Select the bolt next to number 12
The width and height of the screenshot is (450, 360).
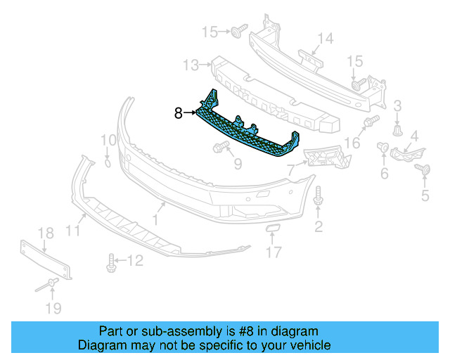pyautogui.click(x=111, y=262)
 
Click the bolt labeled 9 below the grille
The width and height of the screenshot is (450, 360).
pyautogui.click(x=220, y=147)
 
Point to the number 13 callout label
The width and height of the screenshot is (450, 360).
pyautogui.click(x=191, y=65)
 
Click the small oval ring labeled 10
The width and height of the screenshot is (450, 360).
pyautogui.click(x=107, y=162)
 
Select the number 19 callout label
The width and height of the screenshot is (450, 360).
pyautogui.click(x=53, y=307)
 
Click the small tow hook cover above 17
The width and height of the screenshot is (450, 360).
pyautogui.click(x=273, y=229)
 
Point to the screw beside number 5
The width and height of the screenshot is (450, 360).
pyautogui.click(x=423, y=169)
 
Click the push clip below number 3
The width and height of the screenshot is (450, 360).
pyautogui.click(x=398, y=131)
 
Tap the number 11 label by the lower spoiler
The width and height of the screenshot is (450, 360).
pyautogui.click(x=73, y=229)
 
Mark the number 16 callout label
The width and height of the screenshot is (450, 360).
pyautogui.click(x=352, y=143)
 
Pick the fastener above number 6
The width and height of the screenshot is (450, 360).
pyautogui.click(x=384, y=147)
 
